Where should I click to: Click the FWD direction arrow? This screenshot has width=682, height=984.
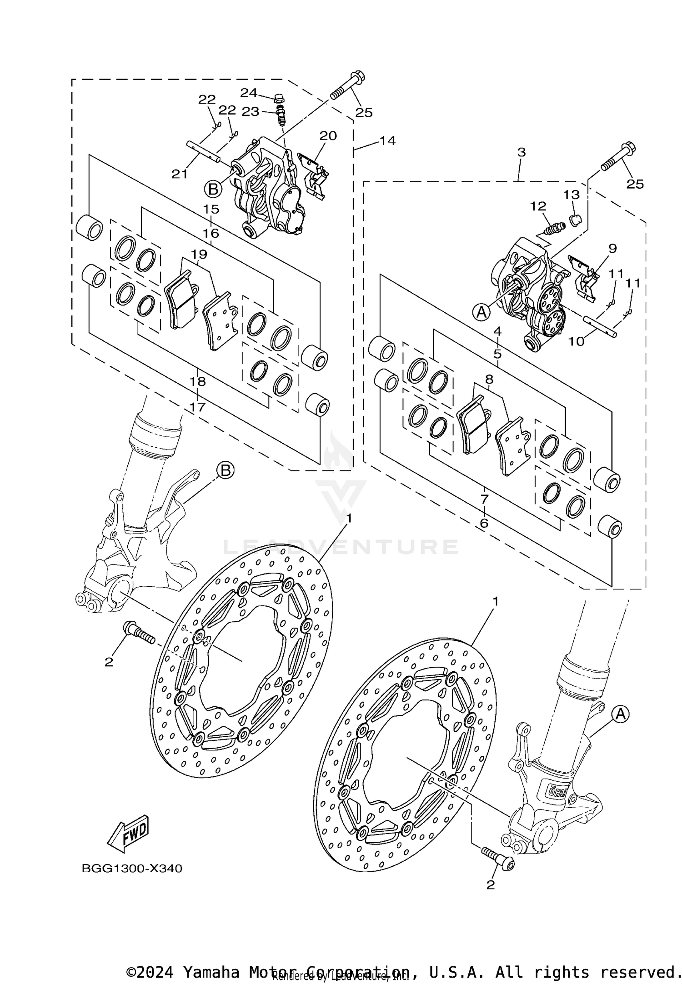(x=128, y=833)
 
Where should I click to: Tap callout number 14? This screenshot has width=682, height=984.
(x=387, y=140)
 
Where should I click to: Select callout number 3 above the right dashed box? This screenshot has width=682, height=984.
(x=521, y=152)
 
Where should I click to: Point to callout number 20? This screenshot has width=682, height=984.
(x=328, y=135)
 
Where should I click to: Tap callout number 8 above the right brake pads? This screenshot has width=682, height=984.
(x=489, y=379)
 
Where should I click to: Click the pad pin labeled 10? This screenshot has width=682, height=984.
(x=600, y=326)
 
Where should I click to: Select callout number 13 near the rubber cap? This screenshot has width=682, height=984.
(x=572, y=195)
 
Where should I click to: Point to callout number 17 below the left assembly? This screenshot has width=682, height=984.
(x=197, y=406)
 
